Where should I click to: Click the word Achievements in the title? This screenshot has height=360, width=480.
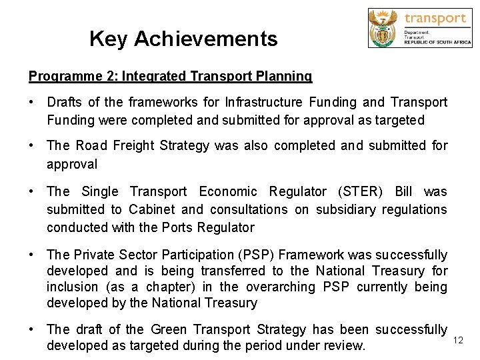205,39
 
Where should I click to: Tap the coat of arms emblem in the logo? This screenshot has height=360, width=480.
384,27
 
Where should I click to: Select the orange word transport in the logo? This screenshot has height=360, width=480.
435,18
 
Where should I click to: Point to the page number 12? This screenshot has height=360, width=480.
458,341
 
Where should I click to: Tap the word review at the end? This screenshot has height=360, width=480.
346,345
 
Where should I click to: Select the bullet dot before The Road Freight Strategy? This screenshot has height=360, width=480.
31,145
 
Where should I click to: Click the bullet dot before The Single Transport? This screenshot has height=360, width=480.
31,192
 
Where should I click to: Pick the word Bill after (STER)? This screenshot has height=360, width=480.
404,192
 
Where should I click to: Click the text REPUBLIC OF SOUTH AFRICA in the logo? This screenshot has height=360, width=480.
436,42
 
